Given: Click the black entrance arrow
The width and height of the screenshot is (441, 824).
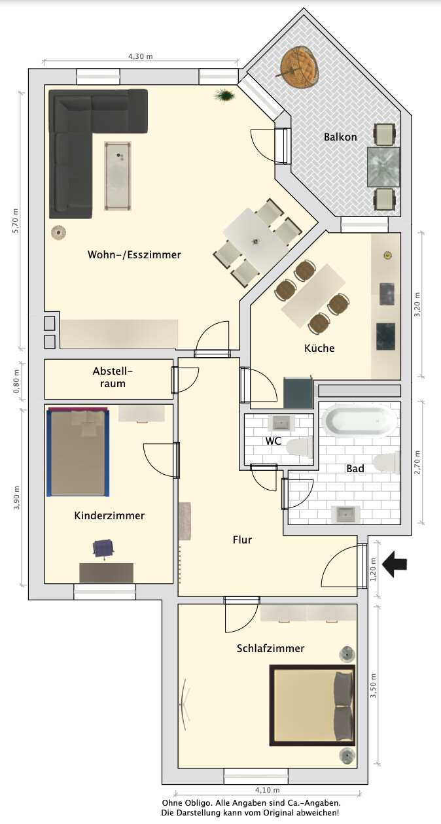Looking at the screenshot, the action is click(x=395, y=564).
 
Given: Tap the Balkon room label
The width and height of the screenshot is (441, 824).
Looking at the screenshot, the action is click(x=340, y=137).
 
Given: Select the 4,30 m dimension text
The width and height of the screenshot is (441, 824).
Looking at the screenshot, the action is click(x=140, y=56).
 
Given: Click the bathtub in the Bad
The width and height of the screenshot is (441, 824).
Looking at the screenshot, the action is click(x=359, y=421).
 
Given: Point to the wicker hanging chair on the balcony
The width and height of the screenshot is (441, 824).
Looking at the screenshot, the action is click(x=298, y=67).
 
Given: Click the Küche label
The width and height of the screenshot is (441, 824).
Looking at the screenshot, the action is click(x=319, y=348).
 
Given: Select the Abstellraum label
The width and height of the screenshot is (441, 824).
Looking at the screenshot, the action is click(x=113, y=377).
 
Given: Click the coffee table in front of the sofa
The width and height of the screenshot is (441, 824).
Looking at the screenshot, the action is click(x=118, y=176).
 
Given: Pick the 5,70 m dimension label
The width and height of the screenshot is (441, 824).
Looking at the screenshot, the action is click(x=15, y=221).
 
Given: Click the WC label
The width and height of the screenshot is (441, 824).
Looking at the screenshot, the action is click(x=273, y=441).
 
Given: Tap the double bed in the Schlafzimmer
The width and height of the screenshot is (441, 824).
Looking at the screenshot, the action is click(x=313, y=705).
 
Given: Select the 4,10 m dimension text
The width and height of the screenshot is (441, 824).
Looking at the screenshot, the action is click(x=267, y=790).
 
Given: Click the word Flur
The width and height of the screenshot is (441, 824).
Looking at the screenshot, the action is click(x=242, y=540).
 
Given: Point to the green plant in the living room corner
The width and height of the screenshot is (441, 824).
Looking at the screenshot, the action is click(x=224, y=95).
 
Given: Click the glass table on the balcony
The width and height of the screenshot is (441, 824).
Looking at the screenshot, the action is click(x=383, y=167).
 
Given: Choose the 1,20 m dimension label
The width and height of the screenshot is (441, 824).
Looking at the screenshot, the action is click(x=373, y=570).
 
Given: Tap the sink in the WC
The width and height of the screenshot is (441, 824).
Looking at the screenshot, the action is click(x=281, y=423).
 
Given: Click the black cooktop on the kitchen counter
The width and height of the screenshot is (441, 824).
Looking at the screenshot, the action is click(x=386, y=337).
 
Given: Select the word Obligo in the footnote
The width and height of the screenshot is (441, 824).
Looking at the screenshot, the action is click(x=198, y=802).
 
